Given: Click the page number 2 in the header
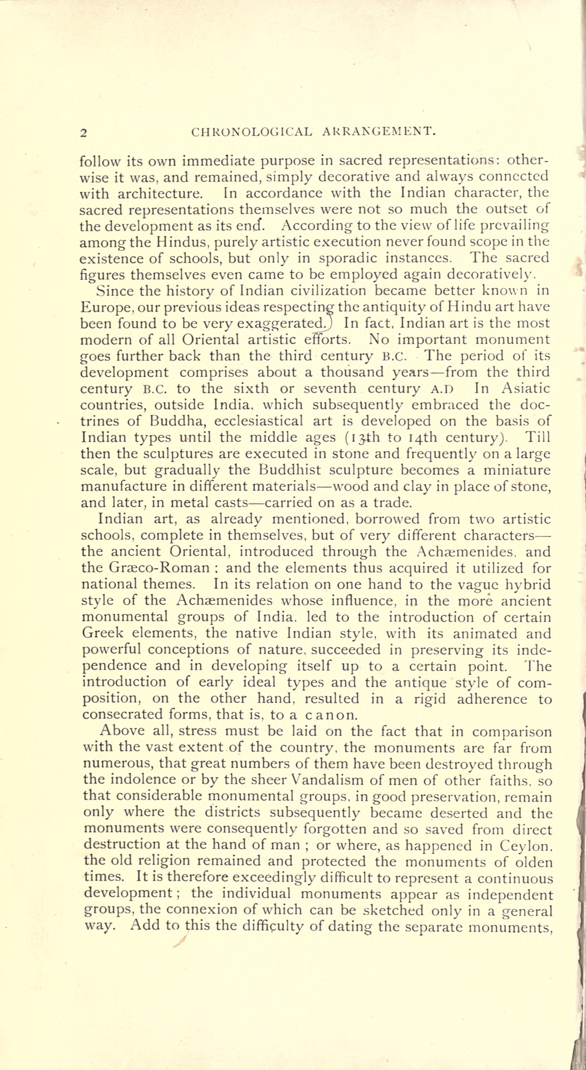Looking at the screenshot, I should point(83,133).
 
